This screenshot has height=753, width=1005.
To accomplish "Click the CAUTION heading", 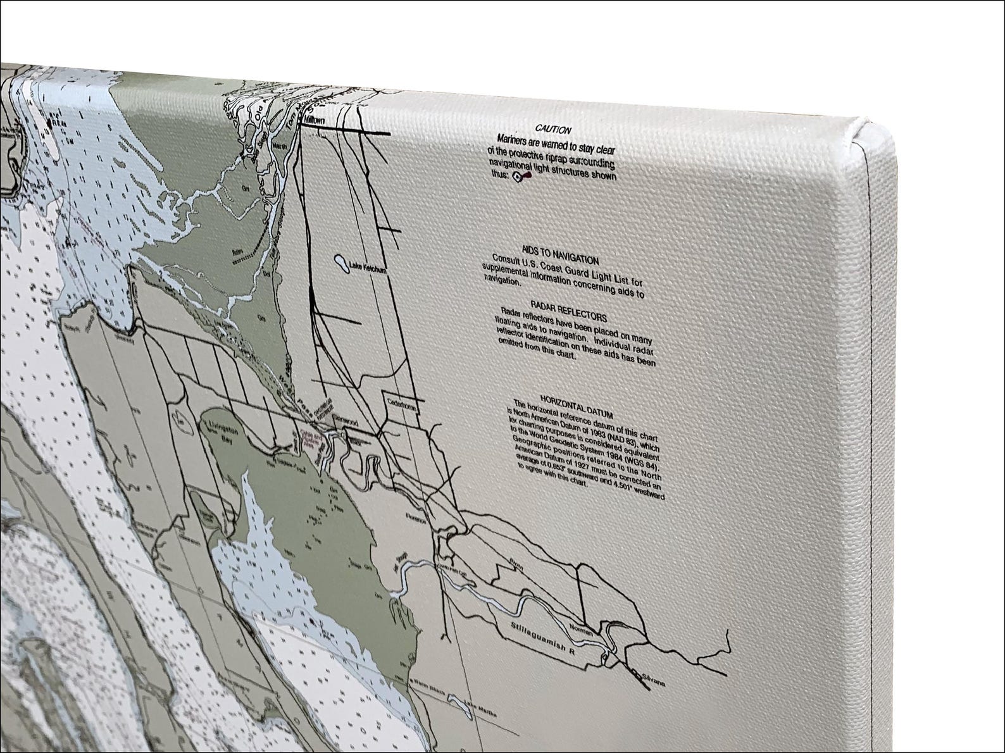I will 552,130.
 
